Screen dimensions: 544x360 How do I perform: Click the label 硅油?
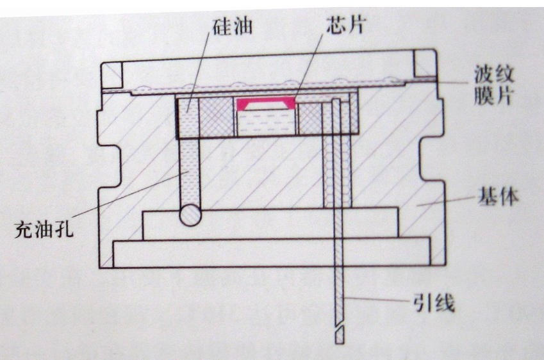(x=233, y=26)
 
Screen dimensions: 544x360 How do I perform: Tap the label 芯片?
(x=346, y=24)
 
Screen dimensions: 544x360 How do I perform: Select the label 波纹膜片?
(x=493, y=85)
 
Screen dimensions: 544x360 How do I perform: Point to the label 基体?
(x=499, y=196)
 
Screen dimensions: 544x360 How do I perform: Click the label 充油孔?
(x=44, y=229)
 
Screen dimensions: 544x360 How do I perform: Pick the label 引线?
(x=434, y=303)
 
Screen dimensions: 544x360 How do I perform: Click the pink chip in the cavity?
(x=265, y=104)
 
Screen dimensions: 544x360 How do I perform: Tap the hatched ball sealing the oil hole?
(x=190, y=215)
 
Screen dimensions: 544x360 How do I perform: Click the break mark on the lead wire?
(x=340, y=328)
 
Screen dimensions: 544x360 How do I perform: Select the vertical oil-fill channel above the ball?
(x=190, y=172)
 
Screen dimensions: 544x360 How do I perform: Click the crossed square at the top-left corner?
(x=111, y=76)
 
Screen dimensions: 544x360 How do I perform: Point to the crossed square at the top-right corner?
(x=425, y=64)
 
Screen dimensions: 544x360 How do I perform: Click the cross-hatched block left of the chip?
(x=216, y=117)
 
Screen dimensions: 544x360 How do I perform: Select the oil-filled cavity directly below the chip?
(x=267, y=123)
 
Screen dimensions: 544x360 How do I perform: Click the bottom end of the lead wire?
(x=340, y=343)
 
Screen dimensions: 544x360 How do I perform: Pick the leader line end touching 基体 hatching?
(x=417, y=206)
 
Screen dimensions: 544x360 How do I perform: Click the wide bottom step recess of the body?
(x=272, y=252)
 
